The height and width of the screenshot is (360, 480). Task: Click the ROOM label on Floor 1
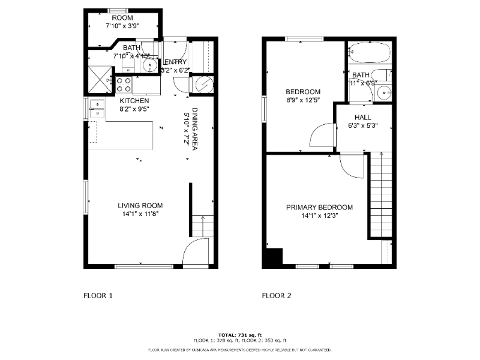pos(122,18)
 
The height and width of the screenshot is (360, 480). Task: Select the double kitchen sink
pos(97,109)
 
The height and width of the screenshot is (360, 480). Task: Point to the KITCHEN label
pos(134,101)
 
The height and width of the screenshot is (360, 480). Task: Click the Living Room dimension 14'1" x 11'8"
pos(140,213)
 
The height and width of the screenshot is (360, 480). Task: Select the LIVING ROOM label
pos(140,205)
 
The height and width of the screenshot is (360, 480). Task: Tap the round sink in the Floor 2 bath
pos(386,92)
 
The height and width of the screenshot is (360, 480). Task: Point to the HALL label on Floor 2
pos(362,118)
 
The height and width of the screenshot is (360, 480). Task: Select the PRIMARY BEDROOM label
pos(319,208)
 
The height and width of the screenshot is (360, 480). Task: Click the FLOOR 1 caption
pos(97,296)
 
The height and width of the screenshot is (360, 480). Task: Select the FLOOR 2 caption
pos(276,296)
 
